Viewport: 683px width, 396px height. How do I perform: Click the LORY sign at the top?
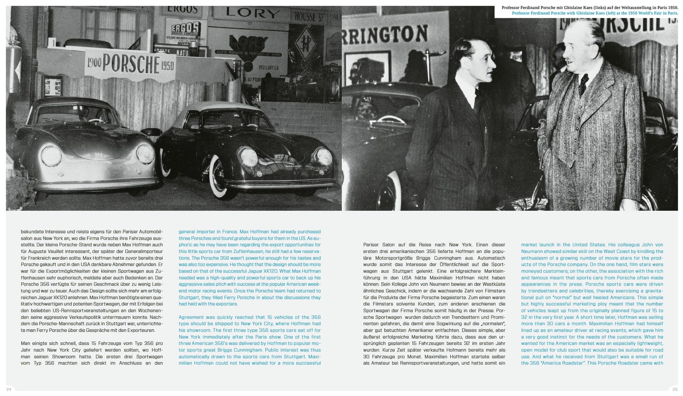(x=252, y=14)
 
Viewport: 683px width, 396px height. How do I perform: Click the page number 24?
(x=9, y=389)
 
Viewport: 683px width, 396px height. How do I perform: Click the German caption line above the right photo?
(x=589, y=7)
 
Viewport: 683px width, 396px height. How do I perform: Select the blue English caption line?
(x=595, y=13)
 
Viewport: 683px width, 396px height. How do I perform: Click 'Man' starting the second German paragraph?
(x=25, y=343)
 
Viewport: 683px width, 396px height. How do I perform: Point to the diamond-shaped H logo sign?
(x=306, y=44)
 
